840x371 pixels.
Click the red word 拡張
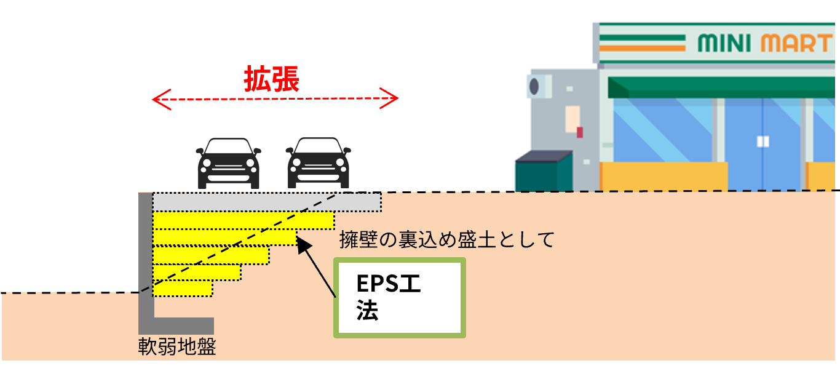pyautogui.click(x=271, y=79)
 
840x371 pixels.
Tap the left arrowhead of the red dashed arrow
pyautogui.click(x=159, y=98)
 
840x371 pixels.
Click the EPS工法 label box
pyautogui.click(x=399, y=297)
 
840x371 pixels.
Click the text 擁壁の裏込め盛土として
pyautogui.click(x=446, y=239)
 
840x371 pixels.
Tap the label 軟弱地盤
pyautogui.click(x=177, y=347)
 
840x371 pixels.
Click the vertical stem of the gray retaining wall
pyautogui.click(x=145, y=258)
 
